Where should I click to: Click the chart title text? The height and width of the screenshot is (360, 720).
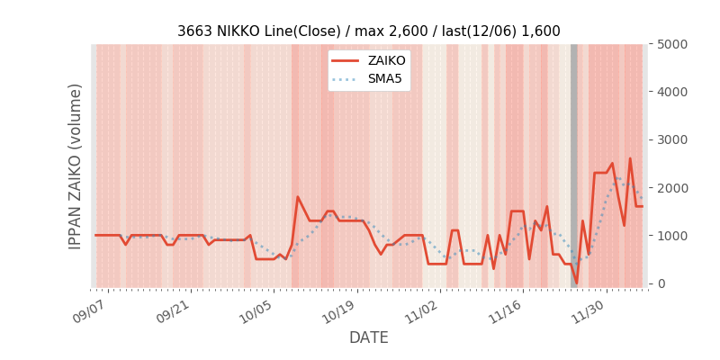(x=368, y=31)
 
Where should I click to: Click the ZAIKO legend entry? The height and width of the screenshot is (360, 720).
(x=386, y=61)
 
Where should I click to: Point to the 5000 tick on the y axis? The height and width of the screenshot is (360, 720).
(x=672, y=44)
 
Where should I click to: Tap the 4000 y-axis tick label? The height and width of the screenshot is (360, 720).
(x=672, y=92)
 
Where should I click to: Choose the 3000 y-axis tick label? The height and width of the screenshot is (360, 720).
(x=672, y=139)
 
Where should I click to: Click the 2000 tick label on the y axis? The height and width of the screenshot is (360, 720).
(x=672, y=187)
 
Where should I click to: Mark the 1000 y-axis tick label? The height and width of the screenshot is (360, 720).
(x=672, y=236)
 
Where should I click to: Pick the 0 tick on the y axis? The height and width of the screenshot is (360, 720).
(x=661, y=283)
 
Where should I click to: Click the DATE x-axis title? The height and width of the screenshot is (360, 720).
(x=369, y=338)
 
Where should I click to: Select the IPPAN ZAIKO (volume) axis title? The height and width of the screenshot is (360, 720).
(x=76, y=166)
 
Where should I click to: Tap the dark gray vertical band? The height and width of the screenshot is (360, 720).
(x=574, y=162)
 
